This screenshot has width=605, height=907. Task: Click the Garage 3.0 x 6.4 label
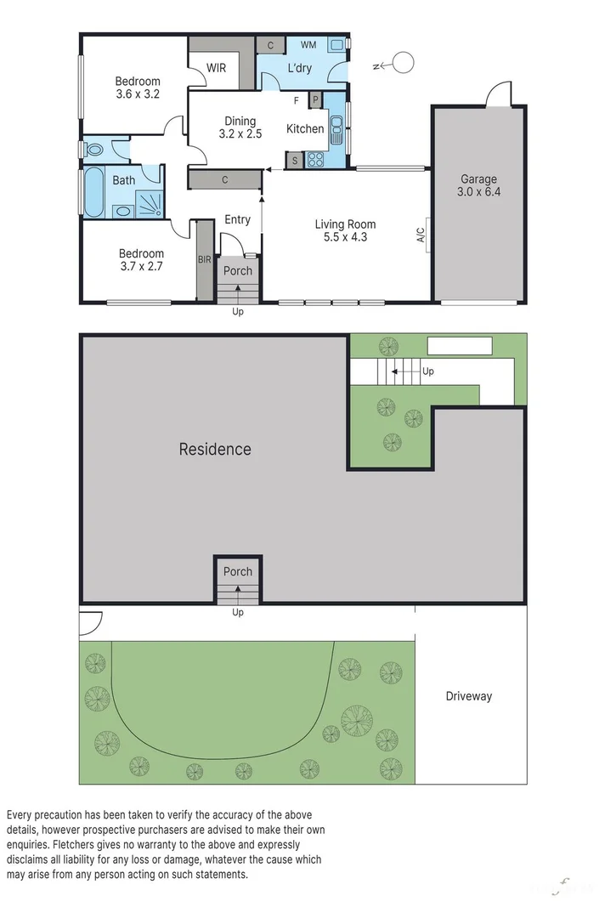click(x=478, y=186)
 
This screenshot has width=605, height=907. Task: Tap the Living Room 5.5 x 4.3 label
click(x=345, y=231)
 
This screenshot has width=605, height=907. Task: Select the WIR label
click(x=217, y=68)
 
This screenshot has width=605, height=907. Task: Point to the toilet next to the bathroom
click(x=94, y=150)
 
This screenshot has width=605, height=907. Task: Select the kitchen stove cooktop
click(x=316, y=159)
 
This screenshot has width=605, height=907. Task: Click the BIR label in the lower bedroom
click(x=204, y=260)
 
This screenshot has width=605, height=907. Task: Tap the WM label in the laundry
click(x=308, y=44)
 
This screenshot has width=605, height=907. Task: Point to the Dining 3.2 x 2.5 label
click(x=240, y=128)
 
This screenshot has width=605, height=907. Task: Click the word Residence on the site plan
click(x=215, y=449)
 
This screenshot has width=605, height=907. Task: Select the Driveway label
click(x=469, y=696)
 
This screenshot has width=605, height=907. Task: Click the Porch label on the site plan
click(x=238, y=572)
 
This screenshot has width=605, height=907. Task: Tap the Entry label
click(x=237, y=220)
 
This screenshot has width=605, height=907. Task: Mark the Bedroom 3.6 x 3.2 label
click(x=138, y=88)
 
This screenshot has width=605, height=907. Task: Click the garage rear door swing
click(x=497, y=94)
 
